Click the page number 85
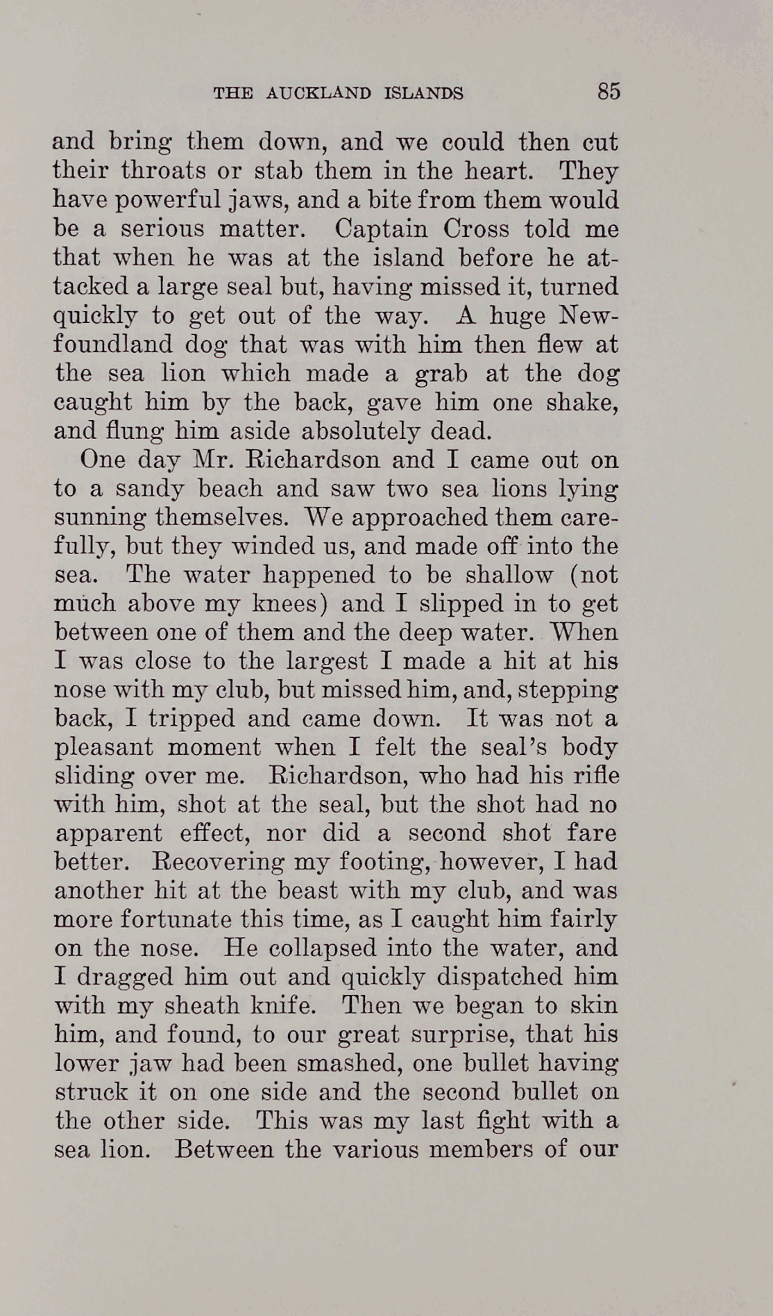pyautogui.click(x=608, y=91)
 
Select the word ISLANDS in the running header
pyautogui.click(x=423, y=93)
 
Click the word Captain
pyautogui.click(x=378, y=228)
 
